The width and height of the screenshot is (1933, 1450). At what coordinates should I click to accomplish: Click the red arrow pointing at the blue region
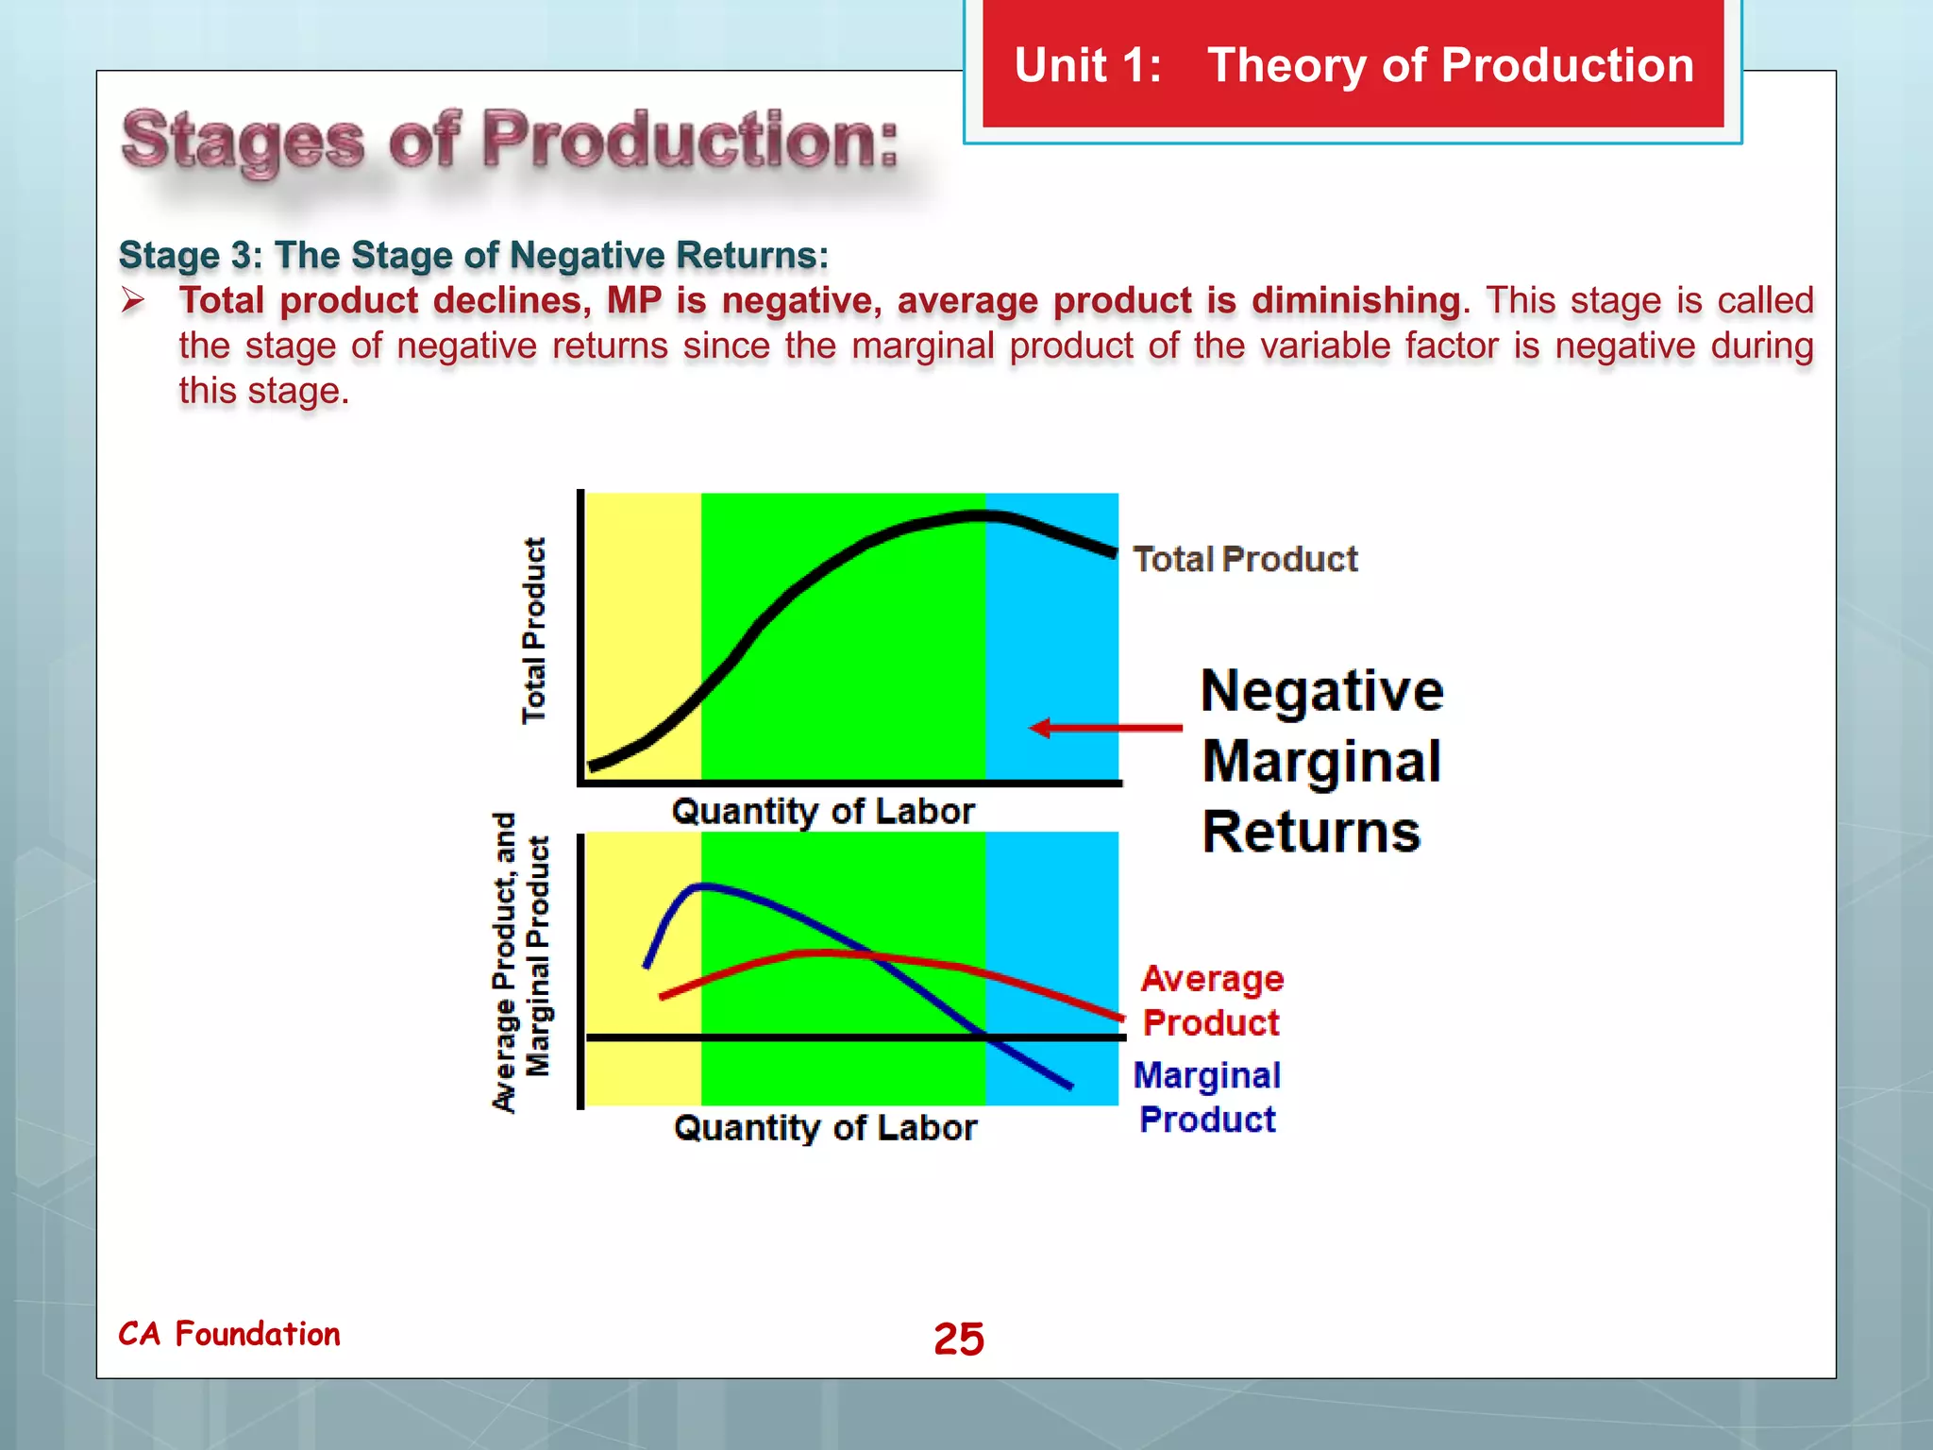pos(1104,728)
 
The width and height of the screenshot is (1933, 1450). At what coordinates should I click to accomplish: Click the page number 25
pos(958,1339)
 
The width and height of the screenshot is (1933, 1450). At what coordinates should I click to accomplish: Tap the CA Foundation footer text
pos(229,1334)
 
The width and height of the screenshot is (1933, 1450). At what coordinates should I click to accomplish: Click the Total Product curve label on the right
pos(1245,559)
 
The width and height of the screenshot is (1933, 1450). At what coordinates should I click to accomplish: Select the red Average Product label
pos(1212,1001)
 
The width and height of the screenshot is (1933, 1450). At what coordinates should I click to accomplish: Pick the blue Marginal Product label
pos(1207,1097)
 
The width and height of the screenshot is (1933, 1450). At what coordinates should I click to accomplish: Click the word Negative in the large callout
pos(1321,691)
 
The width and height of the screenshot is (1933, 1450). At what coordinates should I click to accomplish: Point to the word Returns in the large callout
pos(1311,833)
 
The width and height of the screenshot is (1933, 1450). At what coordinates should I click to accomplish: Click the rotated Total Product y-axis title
pos(534,631)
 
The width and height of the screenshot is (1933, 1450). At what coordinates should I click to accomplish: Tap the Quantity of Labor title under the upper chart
pos(823,811)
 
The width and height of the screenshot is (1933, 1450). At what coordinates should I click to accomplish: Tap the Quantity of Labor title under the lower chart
pos(825,1127)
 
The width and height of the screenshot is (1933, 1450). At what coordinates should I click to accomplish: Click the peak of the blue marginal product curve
pos(703,885)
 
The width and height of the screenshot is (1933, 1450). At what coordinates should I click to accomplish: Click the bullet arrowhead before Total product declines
pos(133,301)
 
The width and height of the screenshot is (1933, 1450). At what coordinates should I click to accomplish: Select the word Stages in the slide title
pos(244,142)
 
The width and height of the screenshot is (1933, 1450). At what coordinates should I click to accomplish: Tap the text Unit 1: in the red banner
pos(1087,66)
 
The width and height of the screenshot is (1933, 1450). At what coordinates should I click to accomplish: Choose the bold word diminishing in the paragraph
pos(1355,300)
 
